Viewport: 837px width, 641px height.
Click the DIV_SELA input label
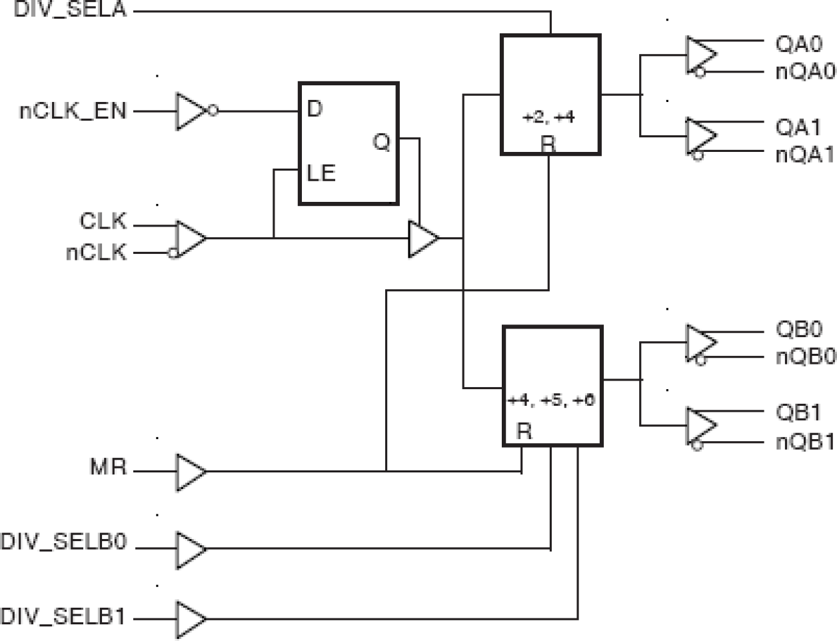(x=70, y=10)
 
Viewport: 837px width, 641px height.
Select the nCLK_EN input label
(x=73, y=111)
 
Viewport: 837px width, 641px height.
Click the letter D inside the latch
(x=315, y=109)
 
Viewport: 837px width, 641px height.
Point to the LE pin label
(x=321, y=173)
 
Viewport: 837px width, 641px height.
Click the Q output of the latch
(x=381, y=141)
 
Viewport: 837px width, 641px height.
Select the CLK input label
(x=103, y=221)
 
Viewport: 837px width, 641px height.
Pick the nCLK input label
(x=96, y=252)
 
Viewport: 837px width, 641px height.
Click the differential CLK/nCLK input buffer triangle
(x=190, y=239)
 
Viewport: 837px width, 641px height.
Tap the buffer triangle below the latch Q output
(x=422, y=239)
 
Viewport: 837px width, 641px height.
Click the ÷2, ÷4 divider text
(x=548, y=117)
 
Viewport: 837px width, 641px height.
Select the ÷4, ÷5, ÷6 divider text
(x=551, y=400)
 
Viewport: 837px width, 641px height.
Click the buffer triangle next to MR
(x=190, y=472)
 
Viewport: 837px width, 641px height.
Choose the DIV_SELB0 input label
(x=63, y=541)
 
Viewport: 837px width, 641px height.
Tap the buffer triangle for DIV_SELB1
(x=190, y=619)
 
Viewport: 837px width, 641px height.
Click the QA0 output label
(x=798, y=44)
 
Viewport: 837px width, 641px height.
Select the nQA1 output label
(x=804, y=155)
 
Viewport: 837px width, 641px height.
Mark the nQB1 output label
(x=804, y=441)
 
